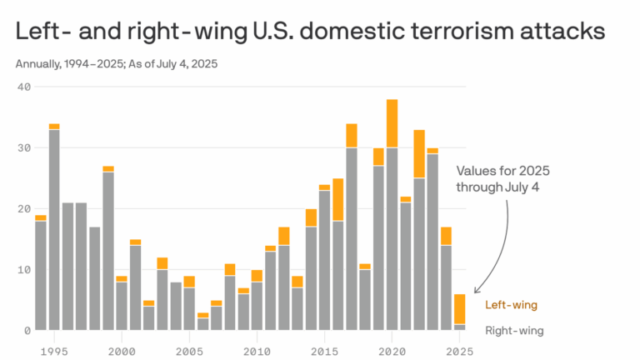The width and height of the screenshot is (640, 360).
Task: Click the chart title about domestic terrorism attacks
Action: pos(308,32)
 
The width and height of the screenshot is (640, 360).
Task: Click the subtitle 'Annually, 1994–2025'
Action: pos(116,64)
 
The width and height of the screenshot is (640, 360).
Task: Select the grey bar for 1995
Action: pos(54,230)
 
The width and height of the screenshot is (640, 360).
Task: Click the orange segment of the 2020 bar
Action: pos(392,123)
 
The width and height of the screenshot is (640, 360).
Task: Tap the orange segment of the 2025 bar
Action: pos(459,309)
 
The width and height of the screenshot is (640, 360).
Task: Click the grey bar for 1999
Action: pos(108,251)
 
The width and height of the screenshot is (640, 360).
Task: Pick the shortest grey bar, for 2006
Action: pos(202,324)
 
